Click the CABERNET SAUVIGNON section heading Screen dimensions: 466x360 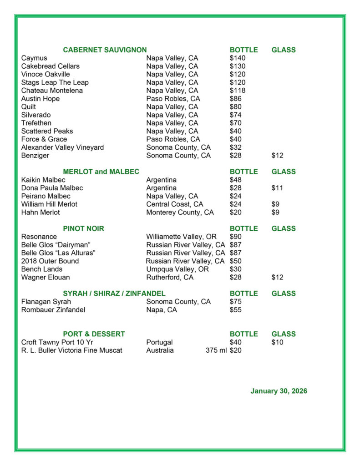(105, 50)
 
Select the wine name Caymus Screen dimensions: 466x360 (34, 58)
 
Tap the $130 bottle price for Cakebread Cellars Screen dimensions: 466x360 (238, 66)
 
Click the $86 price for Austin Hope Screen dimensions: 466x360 (236, 99)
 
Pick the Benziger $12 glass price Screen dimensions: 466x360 (277, 156)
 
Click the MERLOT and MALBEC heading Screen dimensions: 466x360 (101, 172)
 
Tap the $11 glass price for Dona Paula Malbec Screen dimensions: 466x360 (277, 188)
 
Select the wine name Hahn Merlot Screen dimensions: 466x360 (41, 213)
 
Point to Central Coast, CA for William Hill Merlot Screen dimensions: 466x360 (175, 204)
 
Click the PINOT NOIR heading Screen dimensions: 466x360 (83, 228)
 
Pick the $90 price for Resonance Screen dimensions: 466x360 (236, 237)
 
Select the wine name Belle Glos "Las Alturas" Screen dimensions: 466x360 (58, 253)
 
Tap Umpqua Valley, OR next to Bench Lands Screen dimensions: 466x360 (177, 269)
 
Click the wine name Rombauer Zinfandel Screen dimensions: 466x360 (53, 310)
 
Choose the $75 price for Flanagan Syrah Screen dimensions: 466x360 (236, 302)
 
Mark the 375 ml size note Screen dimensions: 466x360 (216, 350)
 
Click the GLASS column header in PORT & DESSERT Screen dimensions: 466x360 (284, 334)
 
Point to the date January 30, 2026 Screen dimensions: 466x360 (279, 391)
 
